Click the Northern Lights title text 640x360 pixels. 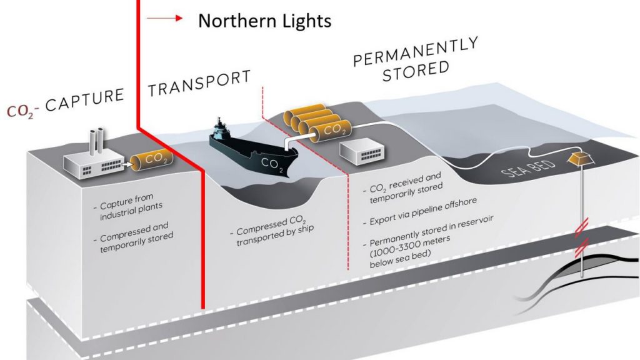[264, 21]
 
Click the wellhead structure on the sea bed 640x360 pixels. [581, 159]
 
